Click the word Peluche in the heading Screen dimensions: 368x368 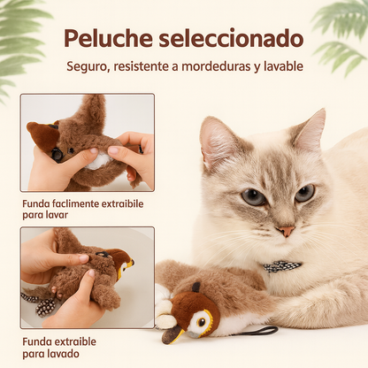pos(108,39)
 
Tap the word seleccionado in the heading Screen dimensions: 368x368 pos(232,39)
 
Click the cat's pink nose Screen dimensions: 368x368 pos(286,231)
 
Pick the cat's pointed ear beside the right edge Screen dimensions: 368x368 pos(310,130)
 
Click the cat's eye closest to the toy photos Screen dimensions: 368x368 pos(253,196)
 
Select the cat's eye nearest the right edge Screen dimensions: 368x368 pos(305,193)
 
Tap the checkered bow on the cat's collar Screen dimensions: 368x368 pos(281,266)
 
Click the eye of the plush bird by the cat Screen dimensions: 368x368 pos(202,322)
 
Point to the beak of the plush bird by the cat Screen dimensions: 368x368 pos(173,334)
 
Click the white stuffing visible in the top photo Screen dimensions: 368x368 pos(98,161)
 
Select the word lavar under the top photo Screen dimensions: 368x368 pos(57,215)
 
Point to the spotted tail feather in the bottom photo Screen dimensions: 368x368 pos(45,307)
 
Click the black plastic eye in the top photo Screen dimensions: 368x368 pos(57,154)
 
